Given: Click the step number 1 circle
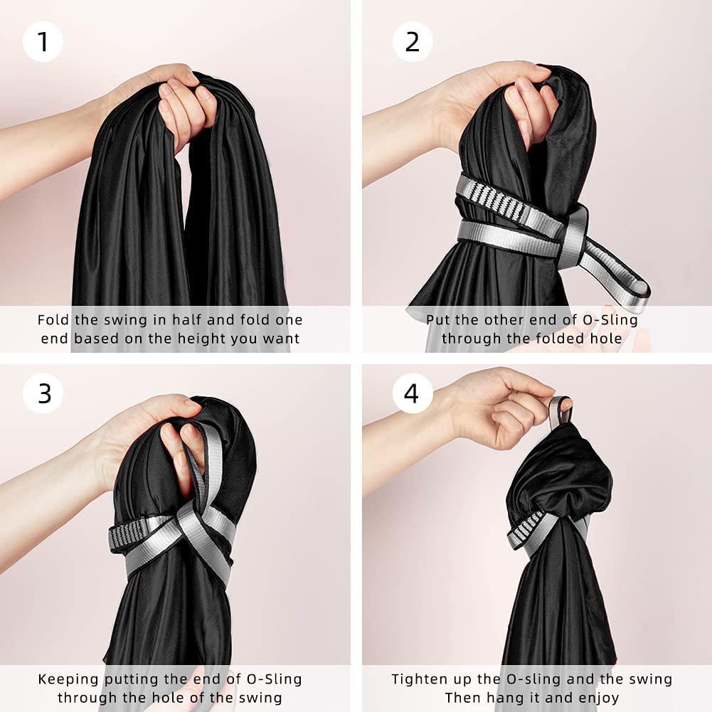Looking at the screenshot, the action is (43, 42).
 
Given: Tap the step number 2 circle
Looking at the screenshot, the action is (413, 42).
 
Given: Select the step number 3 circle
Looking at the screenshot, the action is (43, 393).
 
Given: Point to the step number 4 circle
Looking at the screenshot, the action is (412, 393).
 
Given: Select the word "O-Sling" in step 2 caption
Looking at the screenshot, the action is (610, 320).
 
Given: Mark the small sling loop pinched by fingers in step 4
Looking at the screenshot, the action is (560, 411).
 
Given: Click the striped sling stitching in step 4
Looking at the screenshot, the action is (528, 528).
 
